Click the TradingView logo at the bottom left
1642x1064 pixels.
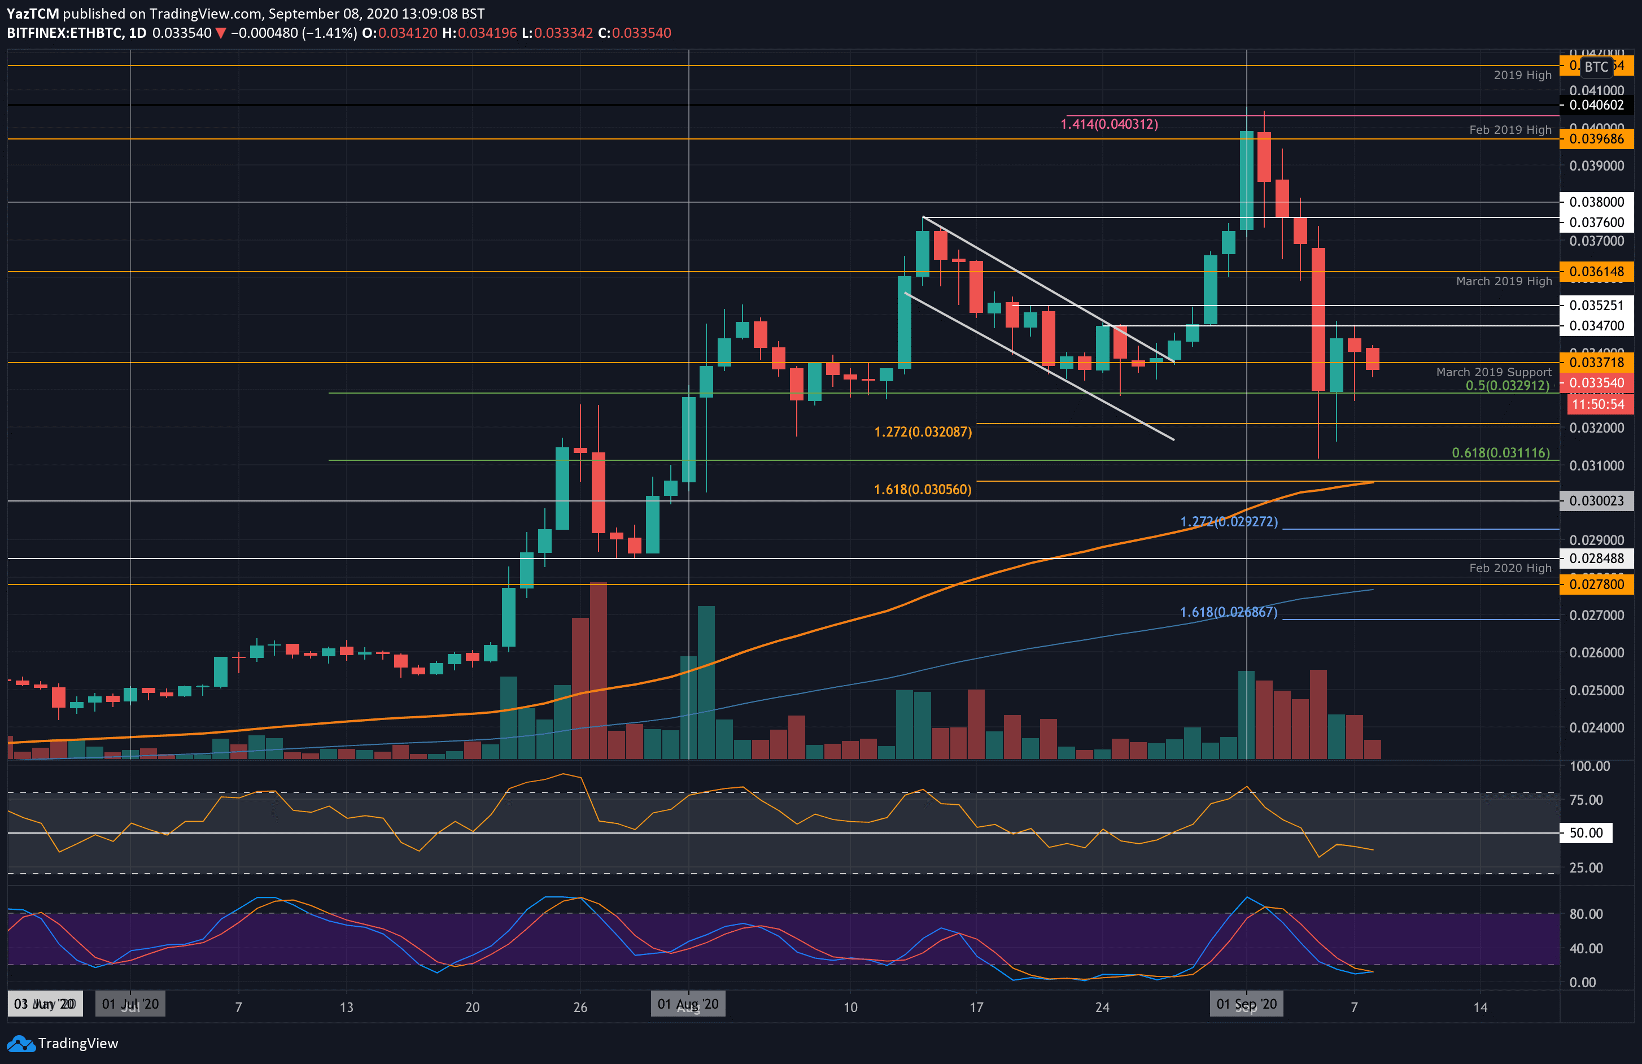coord(63,1043)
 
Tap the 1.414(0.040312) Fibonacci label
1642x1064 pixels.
coord(1109,124)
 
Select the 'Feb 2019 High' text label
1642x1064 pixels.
coord(1509,130)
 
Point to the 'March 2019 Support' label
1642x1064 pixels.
coord(1493,372)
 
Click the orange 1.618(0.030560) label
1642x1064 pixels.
coord(923,489)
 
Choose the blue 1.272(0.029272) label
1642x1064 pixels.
coord(1228,522)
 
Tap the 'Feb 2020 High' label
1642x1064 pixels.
coord(1509,568)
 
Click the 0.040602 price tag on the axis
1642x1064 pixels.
coord(1596,105)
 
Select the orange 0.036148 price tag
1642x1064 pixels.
coord(1596,271)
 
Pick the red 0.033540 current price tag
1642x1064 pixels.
coord(1596,383)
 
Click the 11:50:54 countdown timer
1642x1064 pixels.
coord(1598,404)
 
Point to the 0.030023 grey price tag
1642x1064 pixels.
coord(1596,501)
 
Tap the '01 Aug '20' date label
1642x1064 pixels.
coord(688,1004)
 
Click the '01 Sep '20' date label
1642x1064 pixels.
coord(1246,1004)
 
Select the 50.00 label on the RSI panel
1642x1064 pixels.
coord(1586,833)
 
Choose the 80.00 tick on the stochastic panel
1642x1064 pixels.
coord(1586,914)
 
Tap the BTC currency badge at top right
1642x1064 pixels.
coord(1596,67)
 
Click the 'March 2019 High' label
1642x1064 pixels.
coord(1503,281)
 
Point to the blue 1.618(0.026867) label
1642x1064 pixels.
coord(1228,612)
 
